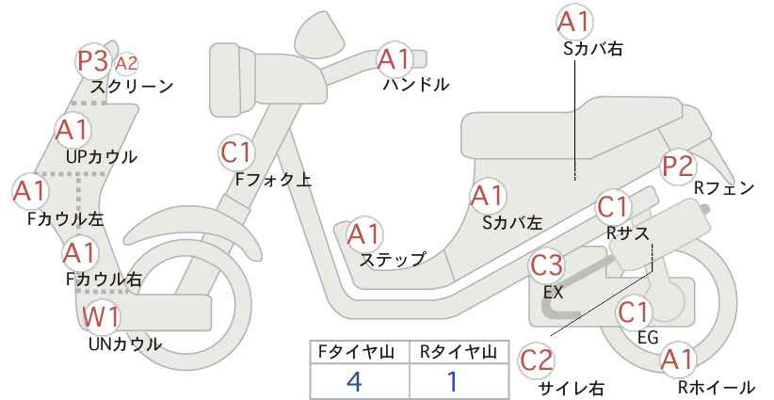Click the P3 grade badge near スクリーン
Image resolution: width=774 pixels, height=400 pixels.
93,61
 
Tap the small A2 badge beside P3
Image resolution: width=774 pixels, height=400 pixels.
126,64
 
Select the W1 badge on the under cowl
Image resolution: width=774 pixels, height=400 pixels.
101,316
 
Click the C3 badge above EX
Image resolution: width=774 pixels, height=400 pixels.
546,264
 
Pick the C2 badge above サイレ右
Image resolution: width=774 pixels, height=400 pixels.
537,360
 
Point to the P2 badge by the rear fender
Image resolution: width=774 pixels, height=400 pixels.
678,167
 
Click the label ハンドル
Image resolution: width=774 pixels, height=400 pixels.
416,85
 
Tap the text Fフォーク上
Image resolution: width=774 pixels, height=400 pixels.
273,179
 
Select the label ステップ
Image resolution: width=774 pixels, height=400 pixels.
392,259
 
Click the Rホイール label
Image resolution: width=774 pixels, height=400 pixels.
716,387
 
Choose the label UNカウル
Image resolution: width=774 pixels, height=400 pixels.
125,344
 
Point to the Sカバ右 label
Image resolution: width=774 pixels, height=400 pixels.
592,48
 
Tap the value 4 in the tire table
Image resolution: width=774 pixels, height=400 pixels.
354,381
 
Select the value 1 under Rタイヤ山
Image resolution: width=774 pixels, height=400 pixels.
452,381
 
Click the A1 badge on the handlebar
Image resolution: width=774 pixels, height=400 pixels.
394,59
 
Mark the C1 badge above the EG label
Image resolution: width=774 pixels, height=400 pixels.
634,312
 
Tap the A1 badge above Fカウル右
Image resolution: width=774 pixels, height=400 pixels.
79,253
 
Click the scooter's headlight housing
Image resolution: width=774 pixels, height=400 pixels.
233,81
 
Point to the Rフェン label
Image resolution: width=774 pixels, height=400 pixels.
724,188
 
